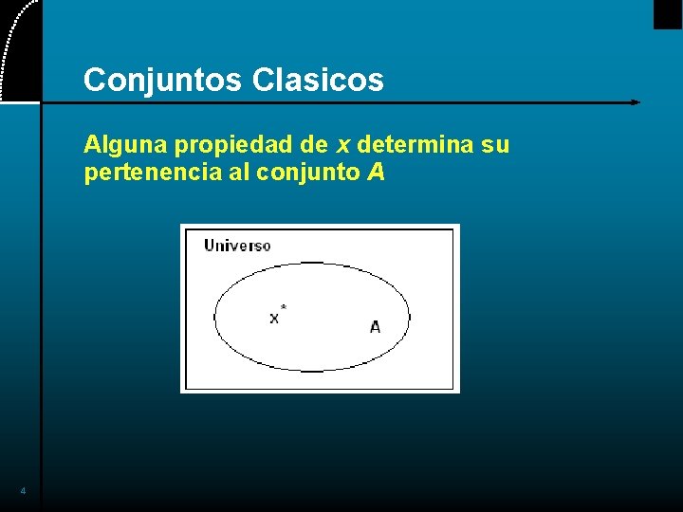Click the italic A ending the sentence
[376, 174]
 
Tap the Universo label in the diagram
[237, 246]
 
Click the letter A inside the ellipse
[375, 327]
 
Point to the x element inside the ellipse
[274, 319]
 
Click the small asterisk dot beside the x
[284, 307]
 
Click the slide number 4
[23, 491]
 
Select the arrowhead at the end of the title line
[635, 101]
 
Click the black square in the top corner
[668, 13]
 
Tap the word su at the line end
[496, 146]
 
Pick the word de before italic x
[312, 146]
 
